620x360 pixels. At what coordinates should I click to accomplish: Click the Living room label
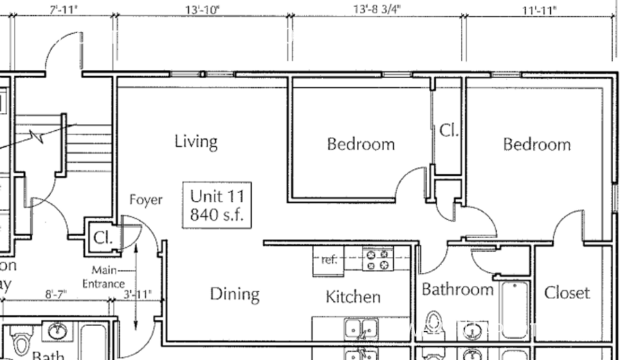tap(196, 142)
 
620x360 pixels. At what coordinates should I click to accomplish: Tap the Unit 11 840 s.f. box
tap(217, 204)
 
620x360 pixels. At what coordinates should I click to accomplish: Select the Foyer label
tap(146, 200)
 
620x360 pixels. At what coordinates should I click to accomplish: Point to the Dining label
tap(235, 294)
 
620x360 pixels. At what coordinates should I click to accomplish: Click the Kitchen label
tap(353, 297)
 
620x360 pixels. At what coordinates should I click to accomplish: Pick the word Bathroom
tap(457, 289)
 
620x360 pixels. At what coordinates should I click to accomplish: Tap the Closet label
tap(567, 293)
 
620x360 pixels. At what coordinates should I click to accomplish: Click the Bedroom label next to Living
tap(361, 144)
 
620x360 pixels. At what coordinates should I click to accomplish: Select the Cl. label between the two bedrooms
tap(449, 130)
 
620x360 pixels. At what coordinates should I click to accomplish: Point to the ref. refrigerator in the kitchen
tap(329, 260)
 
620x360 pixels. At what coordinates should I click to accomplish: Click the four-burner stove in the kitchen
tap(379, 260)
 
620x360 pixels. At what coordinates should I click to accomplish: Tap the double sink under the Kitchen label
tap(361, 327)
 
